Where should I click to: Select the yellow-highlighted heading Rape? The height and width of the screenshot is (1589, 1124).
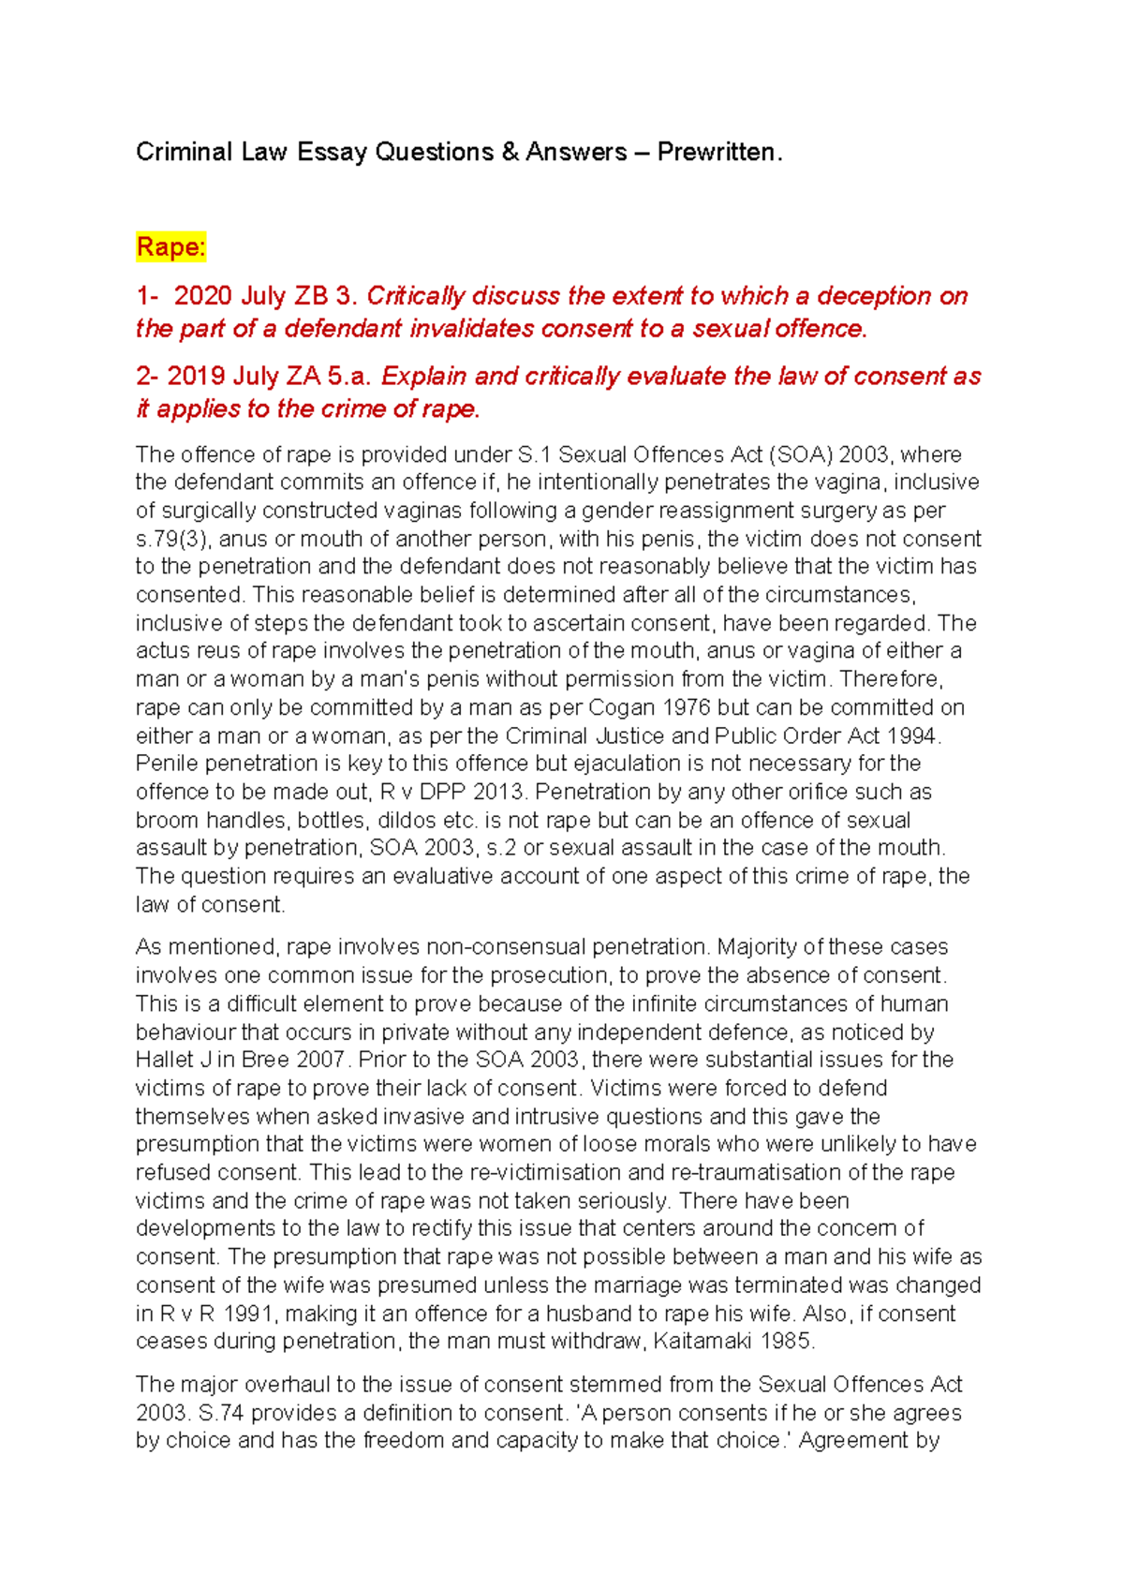point(170,247)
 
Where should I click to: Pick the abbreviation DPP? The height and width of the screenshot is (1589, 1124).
point(443,792)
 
